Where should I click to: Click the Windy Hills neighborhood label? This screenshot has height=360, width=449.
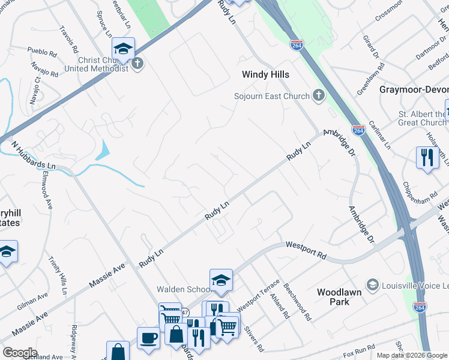coord(265,75)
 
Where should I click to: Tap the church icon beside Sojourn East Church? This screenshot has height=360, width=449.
coord(318,96)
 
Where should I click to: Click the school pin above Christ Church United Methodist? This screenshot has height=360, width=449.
coord(123,48)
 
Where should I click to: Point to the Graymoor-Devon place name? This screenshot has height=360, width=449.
coord(414,89)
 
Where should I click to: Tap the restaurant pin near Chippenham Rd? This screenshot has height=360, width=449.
coord(427,158)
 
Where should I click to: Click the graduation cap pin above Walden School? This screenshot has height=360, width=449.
coord(221,280)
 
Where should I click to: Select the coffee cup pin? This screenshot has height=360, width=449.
coord(148,338)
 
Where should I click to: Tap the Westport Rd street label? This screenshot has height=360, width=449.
coord(306,250)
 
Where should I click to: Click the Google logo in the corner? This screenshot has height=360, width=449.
coord(20,353)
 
